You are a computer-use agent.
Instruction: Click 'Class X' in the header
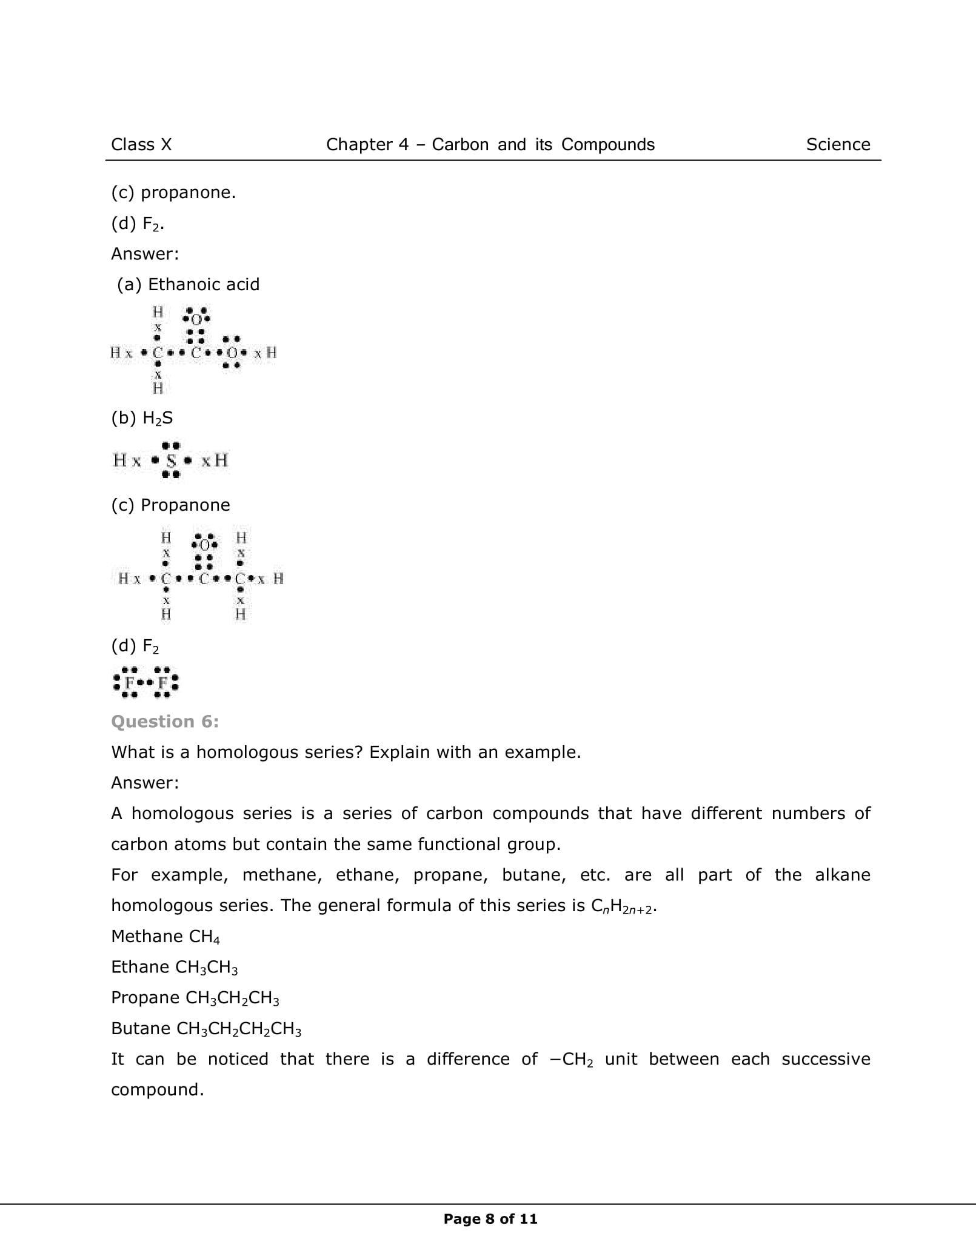click(141, 145)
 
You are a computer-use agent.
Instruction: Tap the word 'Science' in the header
click(838, 145)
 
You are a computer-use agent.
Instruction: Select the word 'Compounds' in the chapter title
click(607, 145)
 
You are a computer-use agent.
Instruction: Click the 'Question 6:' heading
click(165, 722)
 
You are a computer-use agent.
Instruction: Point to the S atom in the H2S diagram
click(171, 461)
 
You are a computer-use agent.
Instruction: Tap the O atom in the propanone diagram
click(204, 544)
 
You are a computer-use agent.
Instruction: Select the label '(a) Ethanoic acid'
click(188, 285)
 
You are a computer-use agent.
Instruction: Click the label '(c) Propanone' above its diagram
click(170, 505)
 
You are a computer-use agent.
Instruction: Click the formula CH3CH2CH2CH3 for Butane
click(239, 1029)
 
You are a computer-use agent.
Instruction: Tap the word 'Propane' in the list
click(145, 998)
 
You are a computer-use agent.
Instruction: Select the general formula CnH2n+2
click(623, 906)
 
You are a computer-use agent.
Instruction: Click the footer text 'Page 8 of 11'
click(490, 1219)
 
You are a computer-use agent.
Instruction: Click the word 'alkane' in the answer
click(843, 875)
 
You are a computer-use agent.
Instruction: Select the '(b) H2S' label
click(142, 418)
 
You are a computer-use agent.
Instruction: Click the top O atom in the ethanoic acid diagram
click(196, 319)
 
